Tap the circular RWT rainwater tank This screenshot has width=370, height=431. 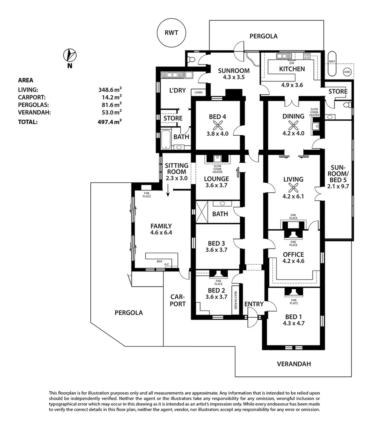click(x=173, y=33)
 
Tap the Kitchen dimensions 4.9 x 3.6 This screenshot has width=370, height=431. click(x=292, y=85)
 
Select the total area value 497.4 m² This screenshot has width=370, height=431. click(x=110, y=122)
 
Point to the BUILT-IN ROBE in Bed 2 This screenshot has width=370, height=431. click(x=236, y=299)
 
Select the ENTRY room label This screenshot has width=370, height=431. click(x=254, y=304)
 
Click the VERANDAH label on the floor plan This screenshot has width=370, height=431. click(x=294, y=364)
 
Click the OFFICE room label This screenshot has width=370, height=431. click(x=293, y=255)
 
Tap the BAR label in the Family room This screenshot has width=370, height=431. click(x=159, y=261)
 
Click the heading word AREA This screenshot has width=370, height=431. click(x=26, y=80)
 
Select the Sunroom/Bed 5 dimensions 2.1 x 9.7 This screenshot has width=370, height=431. click(x=338, y=186)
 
